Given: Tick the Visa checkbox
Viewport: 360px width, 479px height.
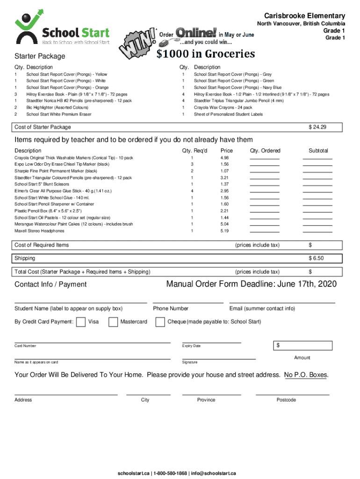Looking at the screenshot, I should (x=80, y=322).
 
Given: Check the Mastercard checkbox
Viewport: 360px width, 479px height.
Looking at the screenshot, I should (x=113, y=322).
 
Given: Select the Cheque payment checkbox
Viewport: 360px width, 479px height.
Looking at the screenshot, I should (x=160, y=322).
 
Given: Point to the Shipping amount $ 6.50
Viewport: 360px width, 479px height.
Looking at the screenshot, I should (x=316, y=258).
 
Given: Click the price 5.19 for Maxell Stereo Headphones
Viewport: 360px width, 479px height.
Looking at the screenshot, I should (x=224, y=231).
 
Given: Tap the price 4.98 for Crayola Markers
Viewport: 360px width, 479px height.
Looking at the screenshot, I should (x=224, y=158).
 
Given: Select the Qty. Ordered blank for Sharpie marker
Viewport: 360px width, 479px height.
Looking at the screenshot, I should (x=264, y=172).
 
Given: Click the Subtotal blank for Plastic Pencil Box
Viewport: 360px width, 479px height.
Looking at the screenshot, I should (x=317, y=211).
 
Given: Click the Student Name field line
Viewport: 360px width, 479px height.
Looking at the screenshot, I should (x=80, y=302).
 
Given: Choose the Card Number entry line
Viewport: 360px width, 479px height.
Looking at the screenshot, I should (x=92, y=342).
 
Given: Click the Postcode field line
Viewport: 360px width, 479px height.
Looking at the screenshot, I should (x=292, y=394).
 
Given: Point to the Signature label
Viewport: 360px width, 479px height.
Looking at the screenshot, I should (x=190, y=363).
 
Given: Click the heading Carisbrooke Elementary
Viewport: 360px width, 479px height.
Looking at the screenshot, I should (x=305, y=15).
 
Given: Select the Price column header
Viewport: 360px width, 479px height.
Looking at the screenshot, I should (x=227, y=151).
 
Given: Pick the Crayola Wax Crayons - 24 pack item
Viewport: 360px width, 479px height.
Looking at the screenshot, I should (x=223, y=108).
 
